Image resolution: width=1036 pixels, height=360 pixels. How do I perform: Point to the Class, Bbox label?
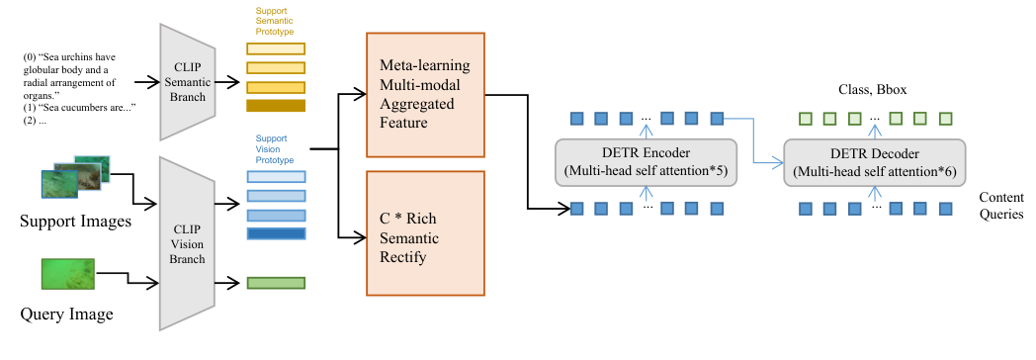tap(867, 89)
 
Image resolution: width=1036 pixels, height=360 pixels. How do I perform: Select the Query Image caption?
tap(66, 315)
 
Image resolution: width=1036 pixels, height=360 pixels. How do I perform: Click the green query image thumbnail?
tap(67, 272)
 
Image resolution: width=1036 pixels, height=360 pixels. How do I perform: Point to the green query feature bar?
tap(277, 283)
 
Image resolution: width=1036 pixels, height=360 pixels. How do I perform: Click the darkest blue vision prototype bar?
tap(277, 234)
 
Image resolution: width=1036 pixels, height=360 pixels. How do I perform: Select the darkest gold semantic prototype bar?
tap(277, 105)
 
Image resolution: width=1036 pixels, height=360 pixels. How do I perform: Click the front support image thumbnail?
tap(58, 183)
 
